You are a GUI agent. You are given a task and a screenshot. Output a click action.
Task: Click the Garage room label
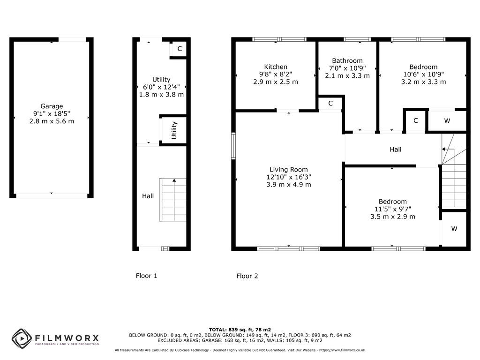point(52,106)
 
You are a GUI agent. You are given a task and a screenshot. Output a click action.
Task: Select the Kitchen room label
point(276,67)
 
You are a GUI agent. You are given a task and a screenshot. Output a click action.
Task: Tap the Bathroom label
point(347,60)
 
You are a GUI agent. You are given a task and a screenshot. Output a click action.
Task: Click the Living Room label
point(289,170)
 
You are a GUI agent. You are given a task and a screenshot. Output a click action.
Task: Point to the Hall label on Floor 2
point(396,150)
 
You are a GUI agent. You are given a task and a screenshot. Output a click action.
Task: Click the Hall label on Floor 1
point(148,196)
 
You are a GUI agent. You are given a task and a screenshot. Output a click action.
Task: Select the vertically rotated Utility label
point(174,130)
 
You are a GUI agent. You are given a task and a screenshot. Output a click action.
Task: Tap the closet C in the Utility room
point(180,49)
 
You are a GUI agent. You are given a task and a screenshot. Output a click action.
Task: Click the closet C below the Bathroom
point(330,104)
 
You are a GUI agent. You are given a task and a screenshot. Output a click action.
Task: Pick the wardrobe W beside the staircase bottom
point(454,229)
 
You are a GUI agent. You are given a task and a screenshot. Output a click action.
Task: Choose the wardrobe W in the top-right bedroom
point(447,121)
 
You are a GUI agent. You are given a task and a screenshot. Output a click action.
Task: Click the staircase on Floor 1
point(173,200)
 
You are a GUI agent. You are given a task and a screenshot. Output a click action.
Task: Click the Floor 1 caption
point(147,276)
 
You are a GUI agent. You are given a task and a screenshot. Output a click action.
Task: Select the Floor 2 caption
point(247,276)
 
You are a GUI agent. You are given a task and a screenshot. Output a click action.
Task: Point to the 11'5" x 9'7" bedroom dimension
point(393,209)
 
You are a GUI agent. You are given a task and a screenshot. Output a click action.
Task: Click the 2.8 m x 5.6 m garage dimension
point(52,121)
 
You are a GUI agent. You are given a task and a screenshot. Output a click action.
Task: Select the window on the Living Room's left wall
point(233,146)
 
